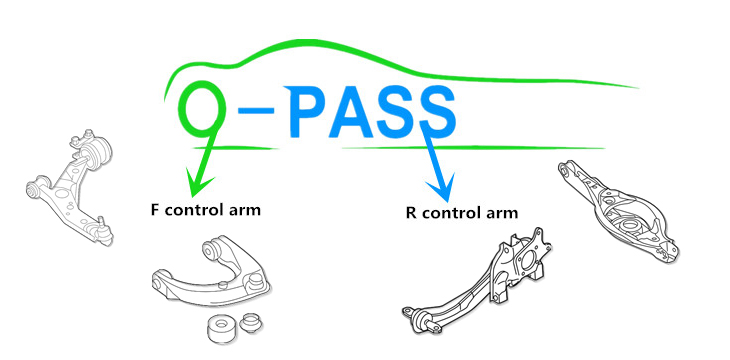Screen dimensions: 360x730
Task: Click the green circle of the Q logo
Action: tap(202, 111)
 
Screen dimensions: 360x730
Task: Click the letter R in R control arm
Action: tap(411, 213)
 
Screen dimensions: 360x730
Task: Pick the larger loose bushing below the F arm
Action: tap(217, 327)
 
